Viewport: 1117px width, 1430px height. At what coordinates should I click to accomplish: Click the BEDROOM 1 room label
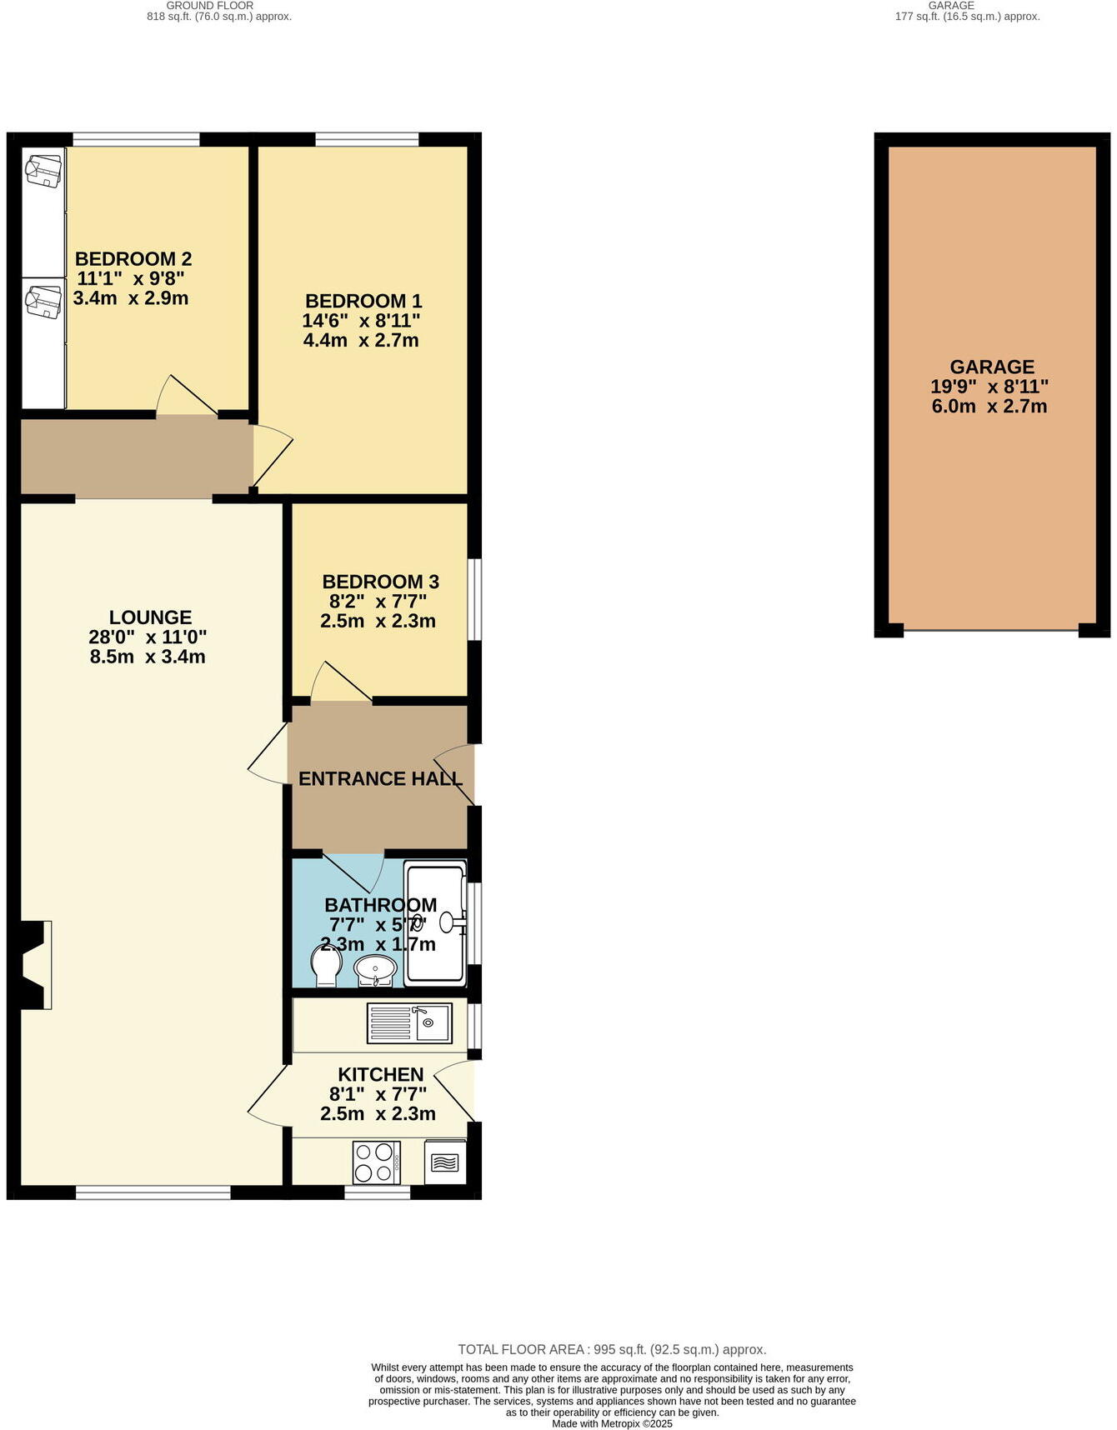tap(363, 301)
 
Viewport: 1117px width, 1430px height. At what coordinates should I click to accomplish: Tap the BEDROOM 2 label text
tap(133, 258)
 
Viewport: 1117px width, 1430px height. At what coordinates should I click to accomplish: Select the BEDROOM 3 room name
tap(380, 582)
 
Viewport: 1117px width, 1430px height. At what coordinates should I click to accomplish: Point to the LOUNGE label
tap(150, 617)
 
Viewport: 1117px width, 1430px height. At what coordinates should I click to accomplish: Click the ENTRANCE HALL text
tap(380, 778)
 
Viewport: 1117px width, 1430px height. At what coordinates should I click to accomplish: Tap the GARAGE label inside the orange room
tap(992, 367)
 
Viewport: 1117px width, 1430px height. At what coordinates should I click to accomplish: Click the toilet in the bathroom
tap(325, 965)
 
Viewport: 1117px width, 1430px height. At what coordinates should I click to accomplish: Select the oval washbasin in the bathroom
tap(375, 969)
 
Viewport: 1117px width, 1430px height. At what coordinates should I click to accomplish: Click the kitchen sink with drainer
tap(409, 1022)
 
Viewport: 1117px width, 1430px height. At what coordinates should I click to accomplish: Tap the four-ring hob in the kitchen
tap(374, 1162)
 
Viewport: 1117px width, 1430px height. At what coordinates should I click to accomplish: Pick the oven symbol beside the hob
tap(445, 1162)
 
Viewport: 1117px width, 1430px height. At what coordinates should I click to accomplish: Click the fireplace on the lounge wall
tap(35, 965)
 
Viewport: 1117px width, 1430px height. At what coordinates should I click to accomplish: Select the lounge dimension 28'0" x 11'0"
tap(148, 637)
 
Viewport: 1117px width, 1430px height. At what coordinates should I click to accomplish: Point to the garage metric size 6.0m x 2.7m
tap(989, 407)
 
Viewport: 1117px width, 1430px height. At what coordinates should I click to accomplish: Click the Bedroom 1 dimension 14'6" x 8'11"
tap(361, 321)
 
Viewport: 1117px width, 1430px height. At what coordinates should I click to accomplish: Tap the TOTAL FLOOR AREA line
tap(612, 1349)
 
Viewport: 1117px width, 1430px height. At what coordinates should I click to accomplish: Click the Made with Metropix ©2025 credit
tap(612, 1423)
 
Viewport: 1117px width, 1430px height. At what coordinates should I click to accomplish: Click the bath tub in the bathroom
tap(435, 922)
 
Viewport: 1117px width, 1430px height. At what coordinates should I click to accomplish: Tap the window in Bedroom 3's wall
tap(474, 598)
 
